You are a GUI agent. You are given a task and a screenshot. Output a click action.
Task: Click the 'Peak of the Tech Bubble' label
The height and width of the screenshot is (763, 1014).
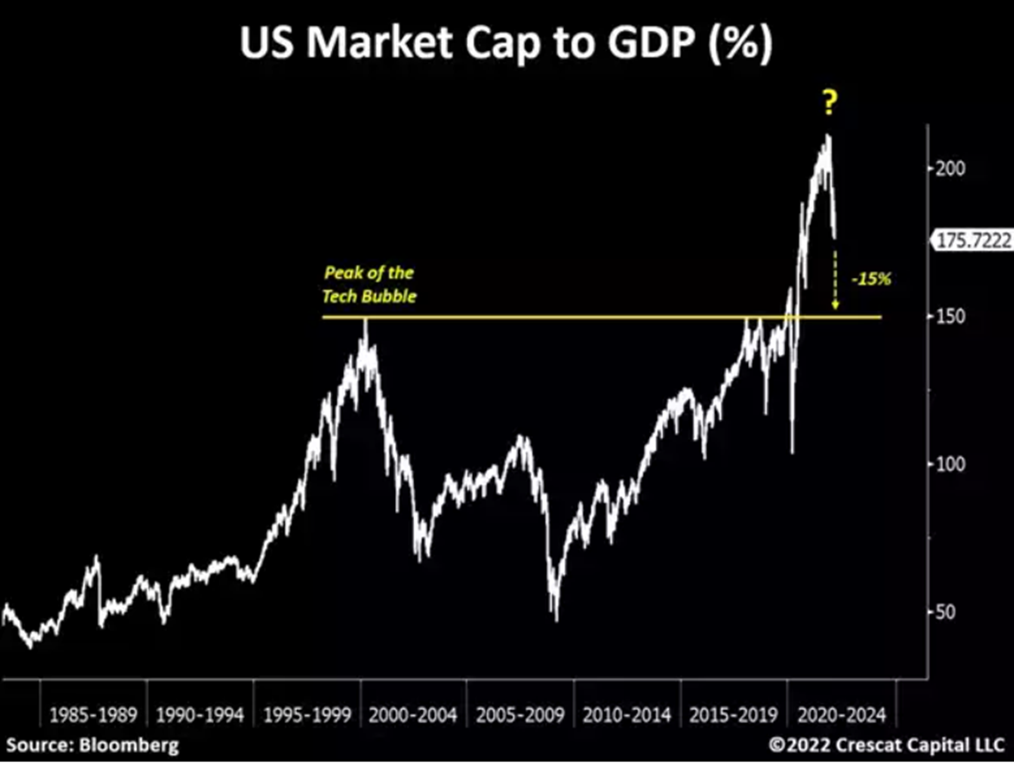(368, 284)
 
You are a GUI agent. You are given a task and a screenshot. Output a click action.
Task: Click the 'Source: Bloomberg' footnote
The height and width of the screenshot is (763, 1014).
(94, 745)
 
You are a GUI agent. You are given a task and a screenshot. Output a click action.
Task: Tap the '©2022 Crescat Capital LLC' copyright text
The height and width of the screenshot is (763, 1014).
(886, 745)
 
